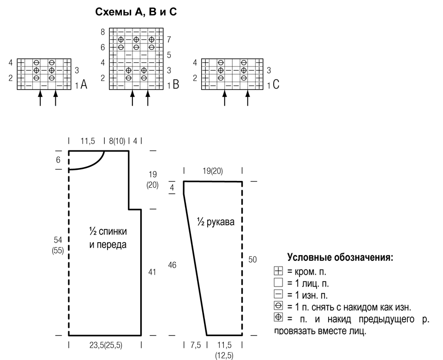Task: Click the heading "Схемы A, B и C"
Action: coord(136,12)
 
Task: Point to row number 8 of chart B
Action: coord(102,32)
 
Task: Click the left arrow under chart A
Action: coord(40,98)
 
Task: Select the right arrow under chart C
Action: coord(248,98)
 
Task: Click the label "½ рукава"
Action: coord(216,222)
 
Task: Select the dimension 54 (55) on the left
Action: coord(58,245)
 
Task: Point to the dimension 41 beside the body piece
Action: coord(152,272)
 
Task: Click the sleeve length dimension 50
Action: coord(252,259)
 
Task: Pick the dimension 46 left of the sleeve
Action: coord(172,265)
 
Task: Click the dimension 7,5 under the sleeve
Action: coord(196,345)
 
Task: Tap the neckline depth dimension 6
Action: coord(58,160)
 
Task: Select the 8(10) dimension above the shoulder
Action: coord(117,141)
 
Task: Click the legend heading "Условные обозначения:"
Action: coord(340,258)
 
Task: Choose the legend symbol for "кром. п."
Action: coord(278,271)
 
